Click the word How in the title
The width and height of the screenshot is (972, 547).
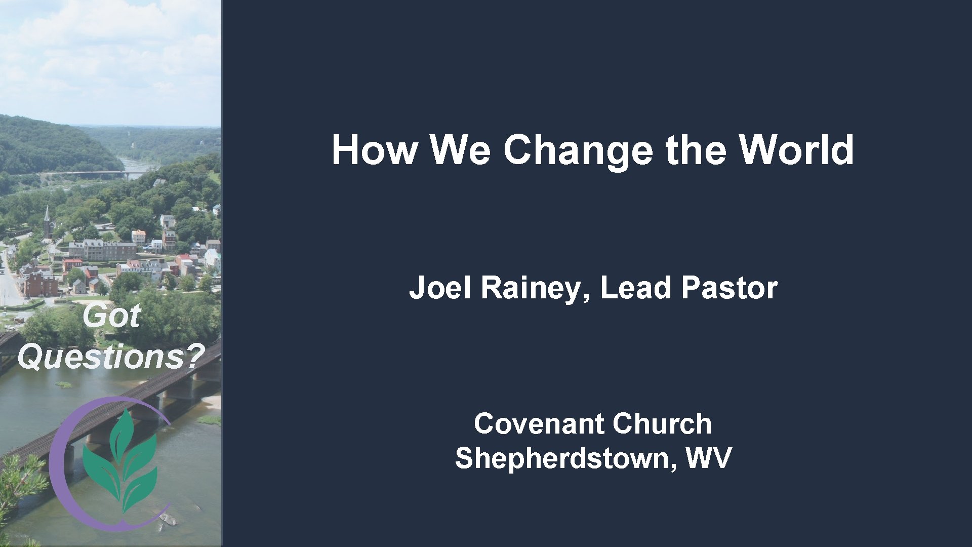click(x=375, y=150)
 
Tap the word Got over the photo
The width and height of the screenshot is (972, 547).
click(x=111, y=316)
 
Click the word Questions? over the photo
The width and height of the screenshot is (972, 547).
click(x=111, y=357)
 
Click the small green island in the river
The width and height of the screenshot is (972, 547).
click(x=63, y=384)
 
